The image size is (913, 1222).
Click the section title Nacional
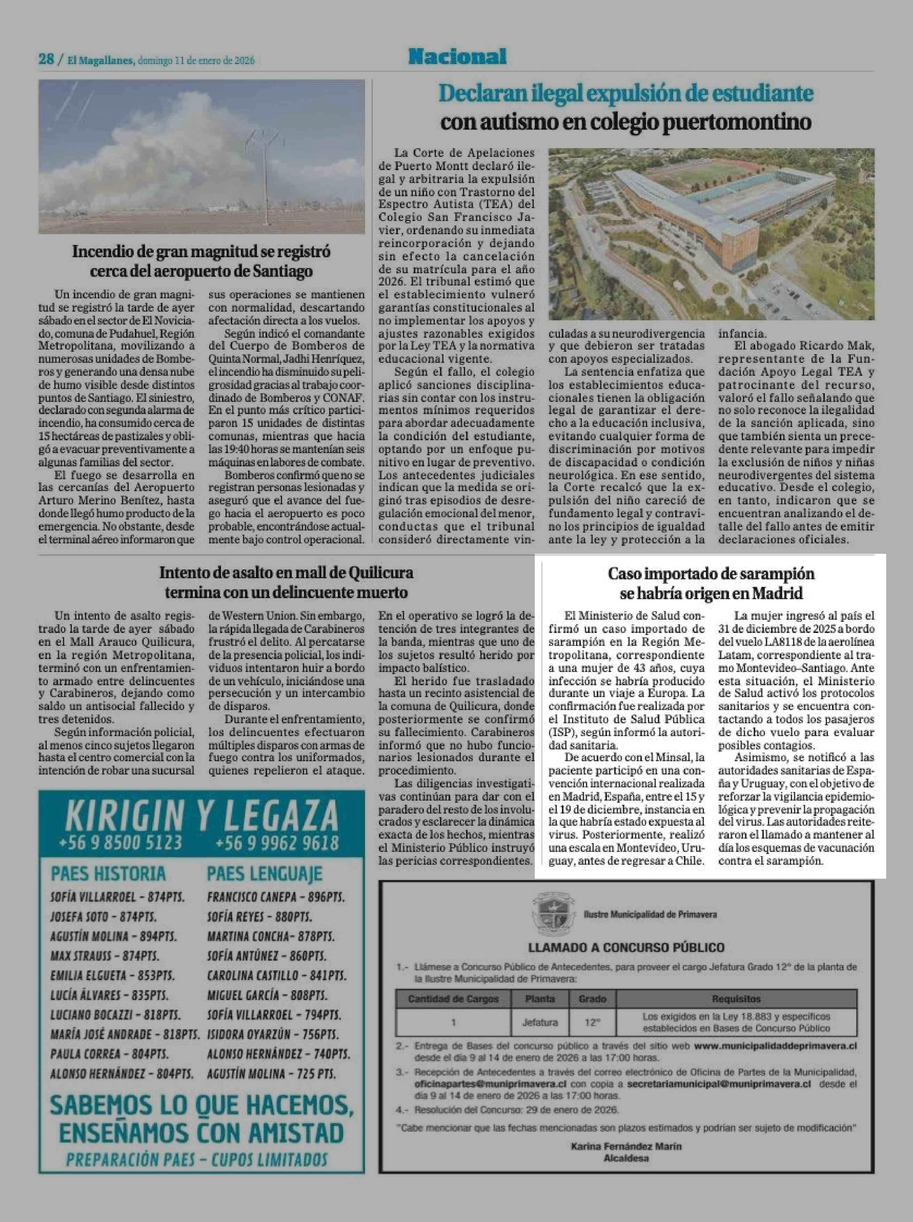pyautogui.click(x=457, y=56)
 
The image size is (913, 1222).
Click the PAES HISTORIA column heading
pyautogui.click(x=108, y=873)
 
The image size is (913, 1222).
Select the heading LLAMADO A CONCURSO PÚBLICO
pyautogui.click(x=626, y=947)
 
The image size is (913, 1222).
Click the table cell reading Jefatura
pyautogui.click(x=540, y=1022)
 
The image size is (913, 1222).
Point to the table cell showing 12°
pyautogui.click(x=592, y=1022)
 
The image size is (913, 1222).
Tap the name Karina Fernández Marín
pyautogui.click(x=626, y=1146)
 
